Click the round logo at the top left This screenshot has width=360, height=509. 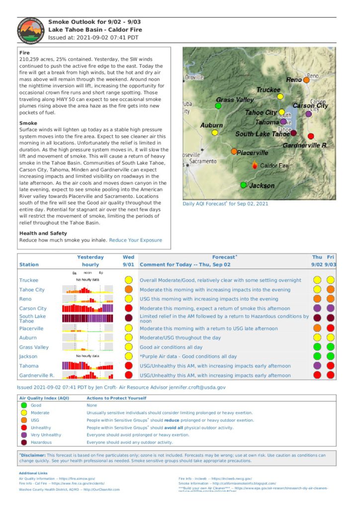click(x=30, y=31)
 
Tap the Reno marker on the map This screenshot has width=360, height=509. click(x=306, y=80)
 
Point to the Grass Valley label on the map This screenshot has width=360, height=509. click(x=235, y=100)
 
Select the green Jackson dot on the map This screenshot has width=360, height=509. click(x=244, y=185)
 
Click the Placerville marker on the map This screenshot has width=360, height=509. click(x=234, y=151)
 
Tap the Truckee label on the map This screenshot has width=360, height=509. click(x=269, y=90)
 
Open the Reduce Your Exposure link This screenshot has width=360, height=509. click(x=135, y=240)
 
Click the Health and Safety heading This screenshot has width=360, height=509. click(x=43, y=233)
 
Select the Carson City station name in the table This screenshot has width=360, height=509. click(x=33, y=309)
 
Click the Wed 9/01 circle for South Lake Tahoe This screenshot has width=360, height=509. click(x=128, y=318)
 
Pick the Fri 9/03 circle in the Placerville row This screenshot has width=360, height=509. click(x=330, y=328)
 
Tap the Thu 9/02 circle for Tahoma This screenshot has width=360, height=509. click(x=317, y=366)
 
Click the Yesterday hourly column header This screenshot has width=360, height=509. click(x=90, y=261)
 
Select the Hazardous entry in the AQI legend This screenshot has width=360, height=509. click(x=41, y=442)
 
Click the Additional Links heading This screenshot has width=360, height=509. click(x=33, y=473)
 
